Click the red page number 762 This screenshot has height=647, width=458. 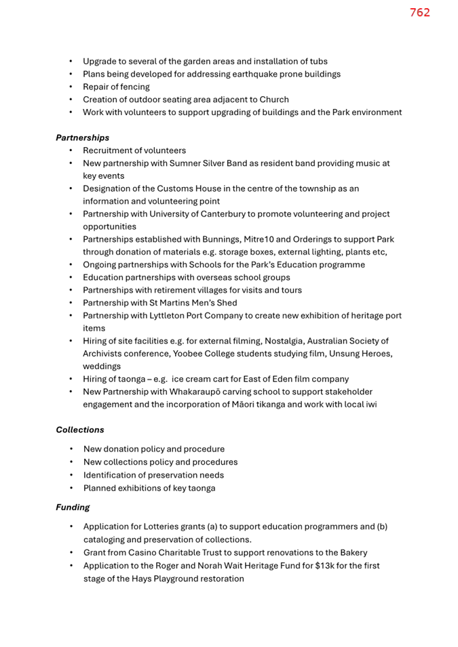[419, 12]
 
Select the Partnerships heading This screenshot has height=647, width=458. [82, 138]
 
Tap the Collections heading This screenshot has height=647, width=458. [80, 430]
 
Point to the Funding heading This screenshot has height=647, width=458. [73, 507]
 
